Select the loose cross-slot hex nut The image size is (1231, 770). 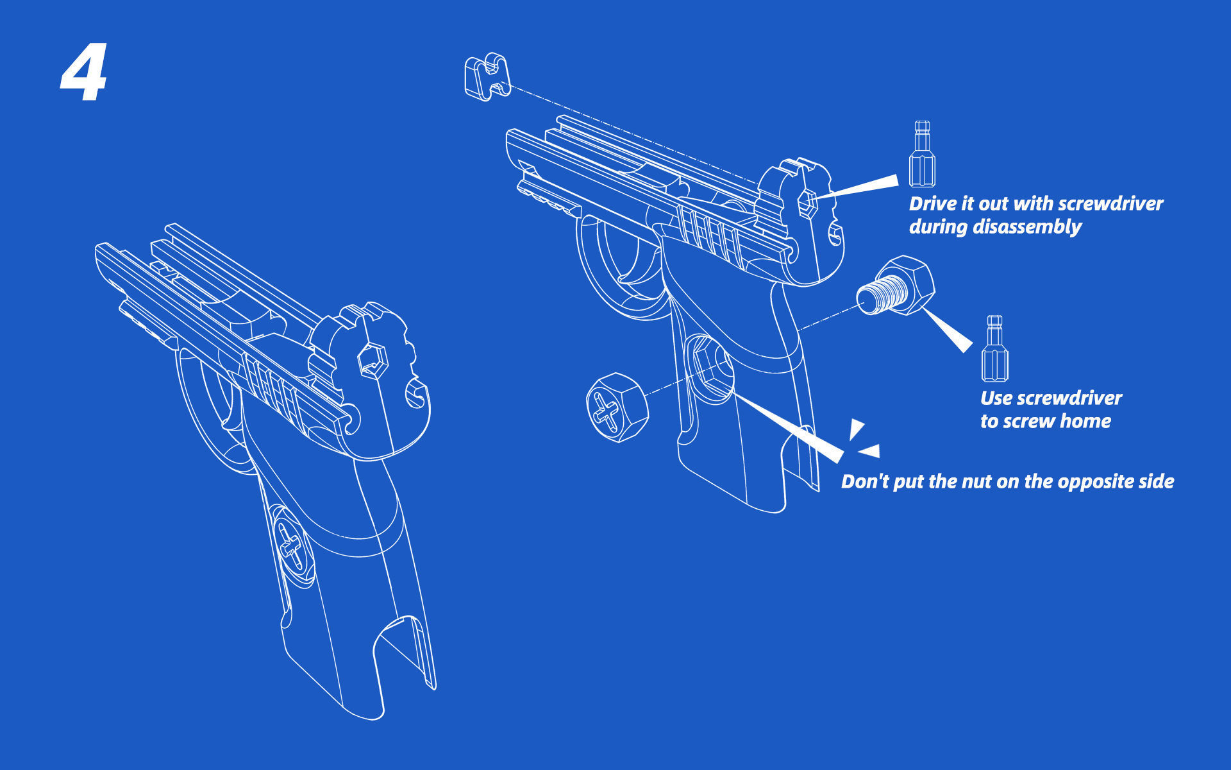pyautogui.click(x=616, y=407)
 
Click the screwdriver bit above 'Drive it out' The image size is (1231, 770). pyautogui.click(x=922, y=154)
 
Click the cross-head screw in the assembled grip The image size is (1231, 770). pyautogui.click(x=292, y=545)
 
